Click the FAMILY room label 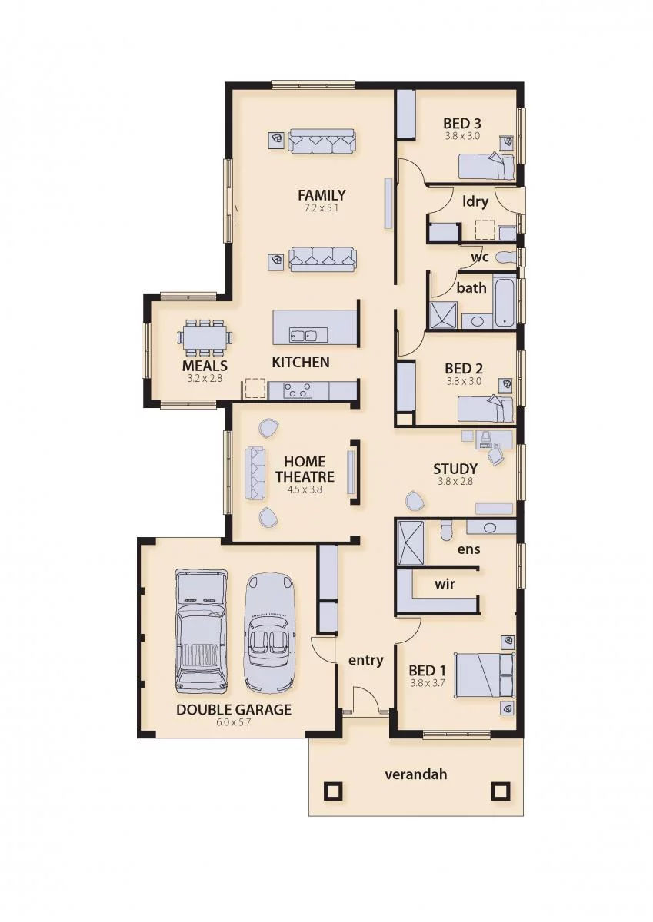click(322, 194)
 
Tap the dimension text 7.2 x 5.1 click(322, 208)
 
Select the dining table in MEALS click(205, 337)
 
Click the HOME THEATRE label click(305, 469)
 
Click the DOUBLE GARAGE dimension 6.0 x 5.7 click(234, 722)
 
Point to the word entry click(366, 661)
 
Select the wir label click(445, 583)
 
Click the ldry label click(475, 201)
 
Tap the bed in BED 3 click(487, 166)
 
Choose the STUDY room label click(455, 469)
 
